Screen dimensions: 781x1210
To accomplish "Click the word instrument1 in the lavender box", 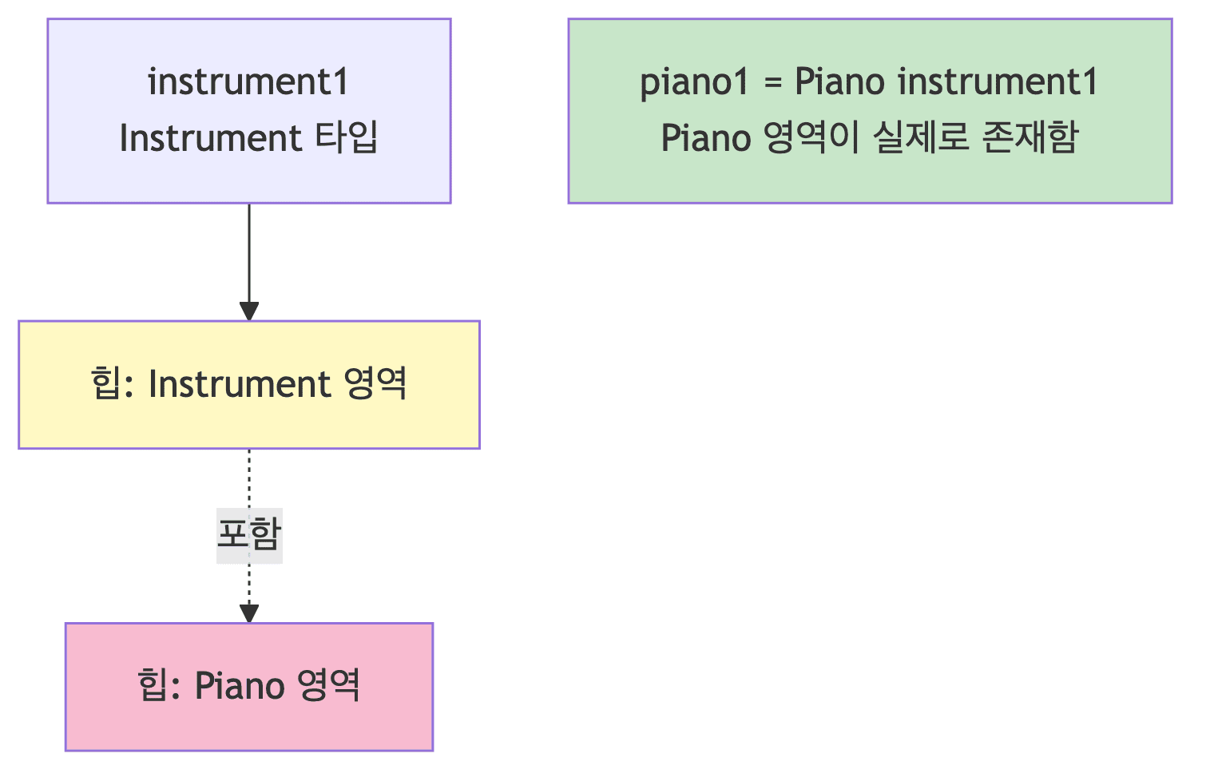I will pos(248,82).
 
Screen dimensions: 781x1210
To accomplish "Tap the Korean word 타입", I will pos(346,138).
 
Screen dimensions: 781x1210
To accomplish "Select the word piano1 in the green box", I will pos(694,82).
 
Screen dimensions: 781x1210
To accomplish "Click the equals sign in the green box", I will pos(772,82).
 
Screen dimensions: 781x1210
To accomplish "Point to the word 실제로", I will pos(920,138).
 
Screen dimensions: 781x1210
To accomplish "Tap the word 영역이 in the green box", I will pos(811,138).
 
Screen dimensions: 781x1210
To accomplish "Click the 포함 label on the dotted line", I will pos(249,534).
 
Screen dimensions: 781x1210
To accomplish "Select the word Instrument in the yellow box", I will pos(239,384).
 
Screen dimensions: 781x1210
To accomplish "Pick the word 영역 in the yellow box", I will pos(375,384).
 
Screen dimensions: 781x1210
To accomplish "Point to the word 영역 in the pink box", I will pos(327,686).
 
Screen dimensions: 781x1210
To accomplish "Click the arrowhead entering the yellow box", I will pos(249,311).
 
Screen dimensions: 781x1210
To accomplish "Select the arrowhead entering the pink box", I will pos(249,613).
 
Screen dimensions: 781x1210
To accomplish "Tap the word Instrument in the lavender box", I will pos(210,138).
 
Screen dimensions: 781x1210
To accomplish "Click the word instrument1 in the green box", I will pos(998,82).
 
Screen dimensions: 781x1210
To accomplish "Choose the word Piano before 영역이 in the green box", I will pos(705,138).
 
